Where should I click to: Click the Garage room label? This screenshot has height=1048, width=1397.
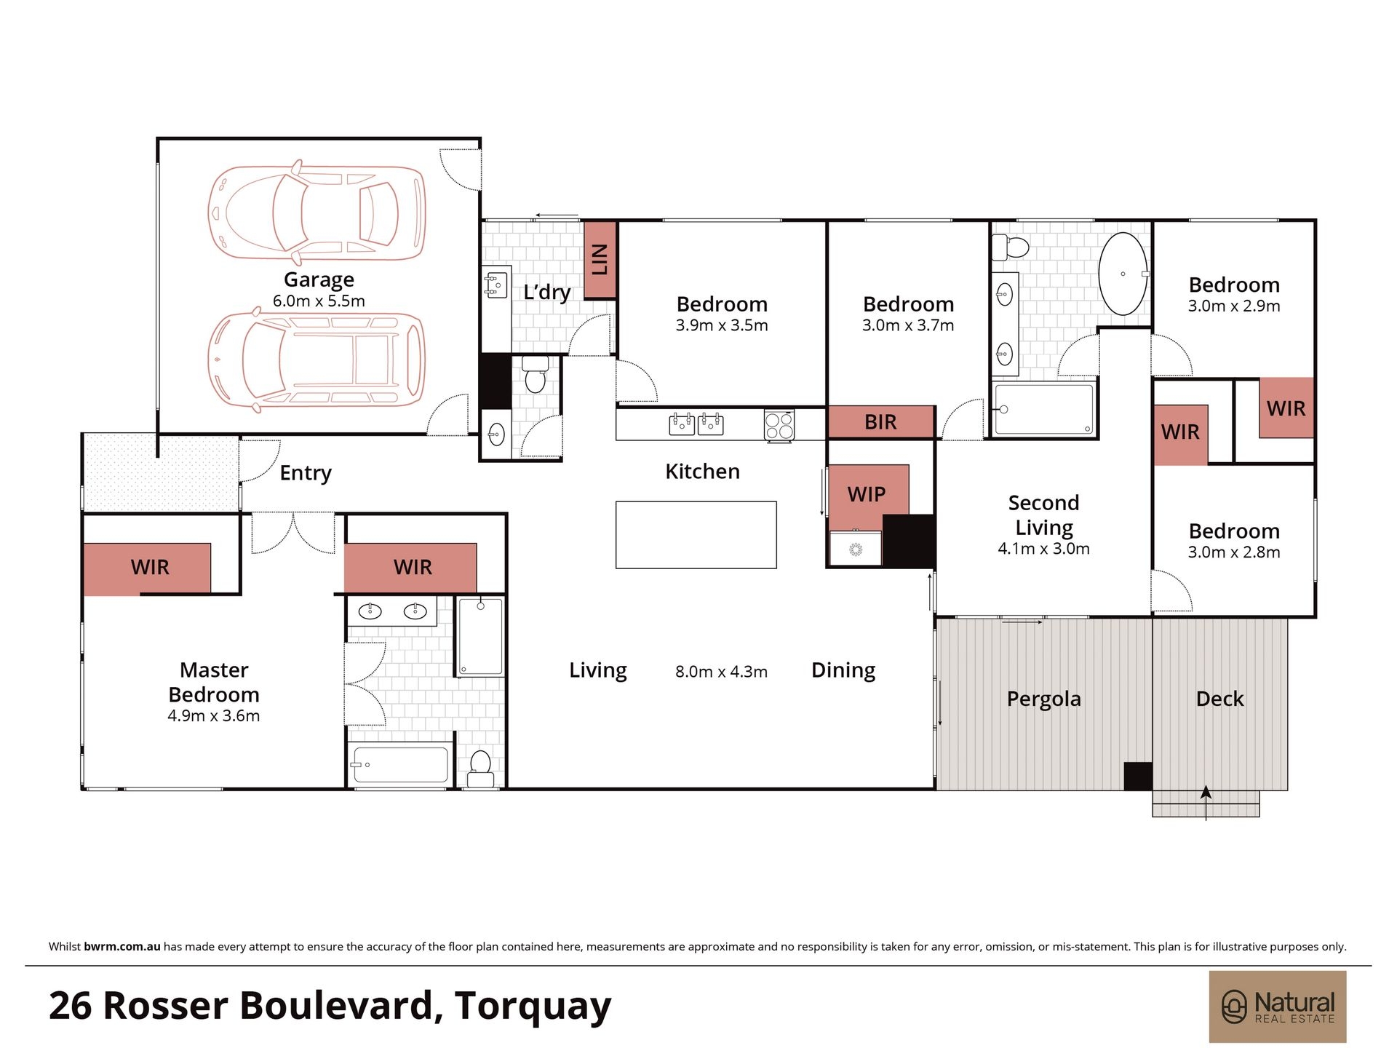[x=319, y=279]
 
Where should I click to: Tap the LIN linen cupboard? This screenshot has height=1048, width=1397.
[x=600, y=259]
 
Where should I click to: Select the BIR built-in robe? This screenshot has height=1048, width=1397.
[x=880, y=422]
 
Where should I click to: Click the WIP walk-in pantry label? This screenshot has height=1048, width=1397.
[x=867, y=494]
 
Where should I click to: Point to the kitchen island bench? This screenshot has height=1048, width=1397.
[x=696, y=535]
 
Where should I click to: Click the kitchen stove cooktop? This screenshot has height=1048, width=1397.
[x=779, y=426]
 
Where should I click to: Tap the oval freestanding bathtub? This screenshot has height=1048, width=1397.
[x=1123, y=274]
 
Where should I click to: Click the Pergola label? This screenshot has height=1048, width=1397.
[x=1043, y=699]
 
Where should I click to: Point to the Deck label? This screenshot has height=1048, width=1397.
[x=1219, y=699]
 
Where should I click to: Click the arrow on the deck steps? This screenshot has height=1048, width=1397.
[x=1206, y=803]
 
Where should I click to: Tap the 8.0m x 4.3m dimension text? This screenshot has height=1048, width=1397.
[x=721, y=672]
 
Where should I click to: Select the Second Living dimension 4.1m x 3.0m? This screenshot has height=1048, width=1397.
[x=1043, y=549]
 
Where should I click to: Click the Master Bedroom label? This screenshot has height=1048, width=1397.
[x=214, y=682]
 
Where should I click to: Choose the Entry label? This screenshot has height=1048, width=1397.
[x=306, y=473]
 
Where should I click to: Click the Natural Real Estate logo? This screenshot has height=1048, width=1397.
[x=1278, y=1007]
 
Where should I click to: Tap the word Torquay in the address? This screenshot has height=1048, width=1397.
[x=533, y=1007]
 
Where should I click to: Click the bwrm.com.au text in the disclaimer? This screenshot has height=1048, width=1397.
[x=122, y=947]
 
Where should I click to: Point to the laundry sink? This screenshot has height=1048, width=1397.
[x=495, y=285]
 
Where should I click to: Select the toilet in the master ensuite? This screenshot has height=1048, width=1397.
[x=480, y=769]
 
